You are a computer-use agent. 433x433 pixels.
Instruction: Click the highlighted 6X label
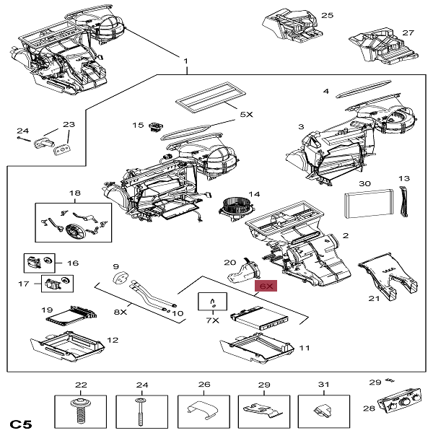tap(268, 286)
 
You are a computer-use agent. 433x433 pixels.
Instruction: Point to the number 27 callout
tap(408, 32)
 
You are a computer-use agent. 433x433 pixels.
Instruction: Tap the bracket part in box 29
tap(263, 409)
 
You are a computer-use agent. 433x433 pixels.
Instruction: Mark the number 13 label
tap(403, 178)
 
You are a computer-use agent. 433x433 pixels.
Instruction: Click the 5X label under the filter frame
tap(246, 114)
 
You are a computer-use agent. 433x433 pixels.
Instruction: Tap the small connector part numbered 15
tap(154, 128)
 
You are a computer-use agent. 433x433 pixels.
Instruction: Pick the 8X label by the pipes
tap(120, 312)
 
